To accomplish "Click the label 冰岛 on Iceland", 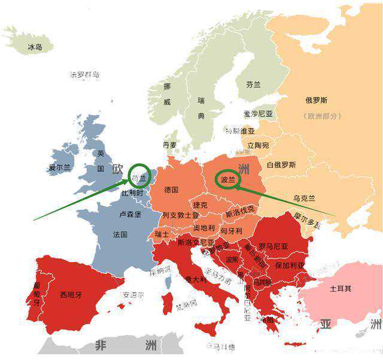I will [x=35, y=46].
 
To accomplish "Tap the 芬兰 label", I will [x=253, y=85].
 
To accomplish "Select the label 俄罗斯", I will [x=316, y=100].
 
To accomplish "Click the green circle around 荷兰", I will [x=139, y=176].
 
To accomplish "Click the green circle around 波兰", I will [x=228, y=178].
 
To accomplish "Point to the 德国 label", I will [x=171, y=190].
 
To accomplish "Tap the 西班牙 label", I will [x=71, y=294].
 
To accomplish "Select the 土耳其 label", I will [x=341, y=288].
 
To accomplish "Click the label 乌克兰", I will [x=304, y=198].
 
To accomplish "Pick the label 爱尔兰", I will [x=60, y=168].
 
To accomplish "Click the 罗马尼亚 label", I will [x=273, y=246].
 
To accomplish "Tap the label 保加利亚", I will [x=286, y=264].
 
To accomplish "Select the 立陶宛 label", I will [x=257, y=145].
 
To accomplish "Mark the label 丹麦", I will [x=170, y=145].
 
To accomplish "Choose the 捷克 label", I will [x=200, y=205].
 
